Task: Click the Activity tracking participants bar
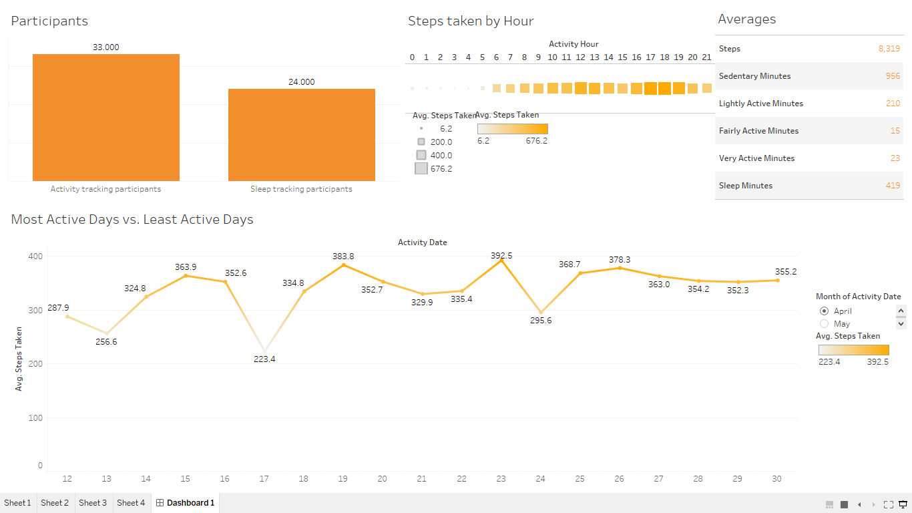[106, 118]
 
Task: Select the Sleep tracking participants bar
[302, 135]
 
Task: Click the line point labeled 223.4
[264, 351]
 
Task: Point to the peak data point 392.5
[501, 261]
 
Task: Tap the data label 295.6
[540, 321]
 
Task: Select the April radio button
[824, 311]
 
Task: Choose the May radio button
[824, 324]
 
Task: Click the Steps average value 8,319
[889, 49]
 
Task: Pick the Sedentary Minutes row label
[754, 76]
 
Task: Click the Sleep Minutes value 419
[893, 186]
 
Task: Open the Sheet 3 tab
[93, 503]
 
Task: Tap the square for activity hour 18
[664, 88]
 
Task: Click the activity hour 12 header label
[580, 57]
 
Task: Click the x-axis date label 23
[501, 479]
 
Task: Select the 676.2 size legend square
[421, 169]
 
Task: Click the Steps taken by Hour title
[471, 21]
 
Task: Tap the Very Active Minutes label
[756, 158]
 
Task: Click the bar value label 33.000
[106, 47]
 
